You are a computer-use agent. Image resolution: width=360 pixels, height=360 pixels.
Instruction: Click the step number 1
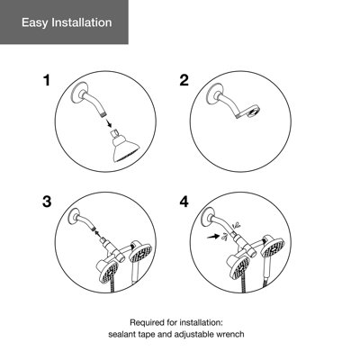48,81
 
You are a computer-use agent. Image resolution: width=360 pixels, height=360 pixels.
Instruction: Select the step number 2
184,81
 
